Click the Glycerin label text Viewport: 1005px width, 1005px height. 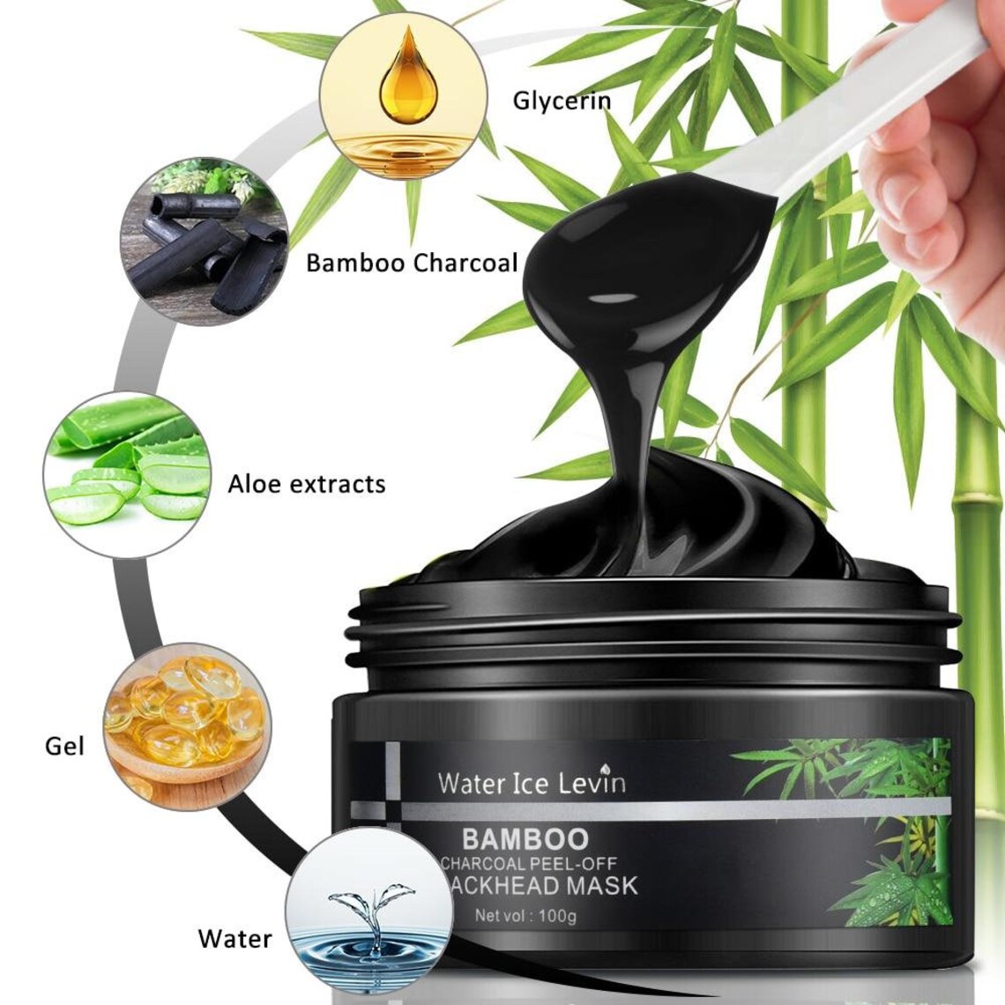coord(562,100)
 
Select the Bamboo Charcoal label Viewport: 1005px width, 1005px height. coord(412,263)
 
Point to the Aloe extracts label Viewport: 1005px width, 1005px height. coord(306,483)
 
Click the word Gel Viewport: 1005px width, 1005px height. coord(64,746)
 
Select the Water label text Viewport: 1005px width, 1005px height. coord(234,937)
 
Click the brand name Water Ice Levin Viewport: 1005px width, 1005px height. coord(532,782)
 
